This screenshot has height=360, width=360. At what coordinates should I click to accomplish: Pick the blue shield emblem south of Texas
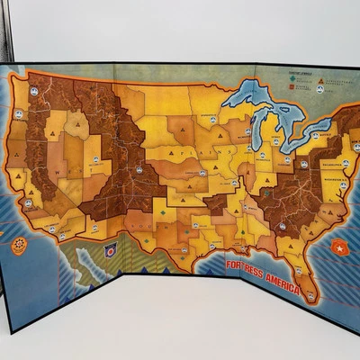click(x=111, y=251)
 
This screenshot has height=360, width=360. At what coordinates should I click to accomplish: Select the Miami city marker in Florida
click(x=310, y=292)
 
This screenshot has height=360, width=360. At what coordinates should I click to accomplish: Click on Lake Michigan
click(x=244, y=126)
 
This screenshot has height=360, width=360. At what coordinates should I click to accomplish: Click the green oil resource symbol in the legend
click(x=292, y=78)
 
